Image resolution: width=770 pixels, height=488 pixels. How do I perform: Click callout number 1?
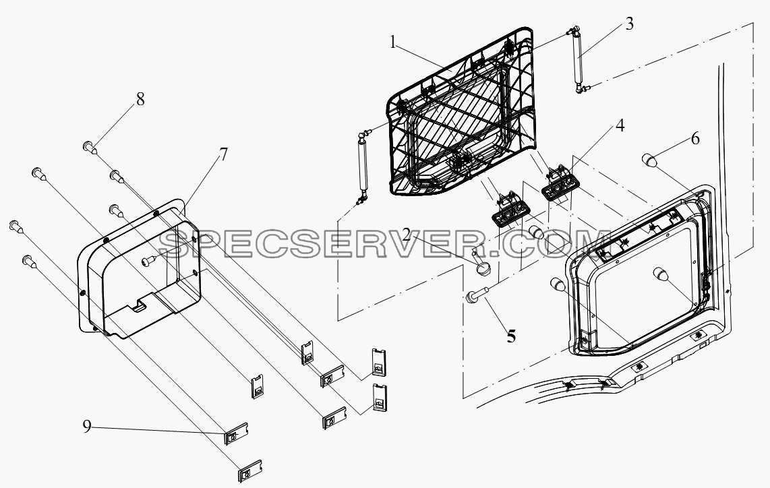click(x=393, y=42)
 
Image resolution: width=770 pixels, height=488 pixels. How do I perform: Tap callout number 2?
click(x=407, y=235)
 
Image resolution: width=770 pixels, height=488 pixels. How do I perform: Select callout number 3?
click(x=630, y=24)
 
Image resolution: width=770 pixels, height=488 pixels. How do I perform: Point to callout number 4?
click(x=620, y=125)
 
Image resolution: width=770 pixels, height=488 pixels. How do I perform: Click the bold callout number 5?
click(x=511, y=336)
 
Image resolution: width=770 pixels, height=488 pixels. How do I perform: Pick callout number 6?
click(x=695, y=138)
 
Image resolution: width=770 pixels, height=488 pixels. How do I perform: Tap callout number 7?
click(x=223, y=154)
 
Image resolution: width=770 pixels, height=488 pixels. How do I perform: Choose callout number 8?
click(x=140, y=99)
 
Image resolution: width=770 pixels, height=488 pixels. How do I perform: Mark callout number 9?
click(x=87, y=427)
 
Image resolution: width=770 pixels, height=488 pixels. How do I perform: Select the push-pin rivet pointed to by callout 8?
click(x=88, y=146)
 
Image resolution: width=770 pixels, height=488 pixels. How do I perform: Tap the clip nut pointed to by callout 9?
click(x=236, y=433)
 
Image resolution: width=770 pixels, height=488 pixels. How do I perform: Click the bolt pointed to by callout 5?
click(x=475, y=295)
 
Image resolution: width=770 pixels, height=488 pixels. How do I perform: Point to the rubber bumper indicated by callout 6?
click(x=650, y=160)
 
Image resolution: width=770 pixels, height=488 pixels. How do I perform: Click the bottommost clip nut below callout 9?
click(x=250, y=472)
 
